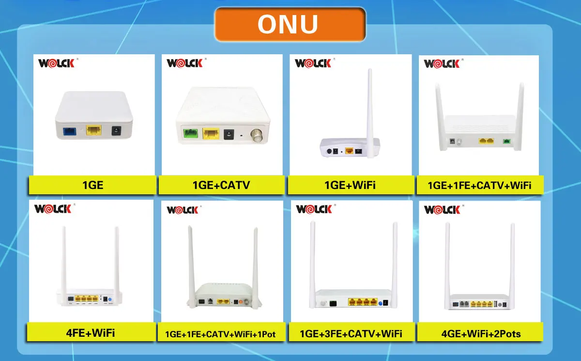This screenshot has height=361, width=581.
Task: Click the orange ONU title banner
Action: pos(290,24)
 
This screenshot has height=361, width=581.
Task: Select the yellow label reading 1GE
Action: pos(93,185)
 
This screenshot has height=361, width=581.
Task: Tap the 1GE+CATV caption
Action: pos(221,185)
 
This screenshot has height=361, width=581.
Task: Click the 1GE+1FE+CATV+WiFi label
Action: pos(479,185)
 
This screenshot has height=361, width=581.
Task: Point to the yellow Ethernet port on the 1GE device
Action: pos(93,130)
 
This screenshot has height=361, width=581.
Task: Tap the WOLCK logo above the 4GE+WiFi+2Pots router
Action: pos(442,210)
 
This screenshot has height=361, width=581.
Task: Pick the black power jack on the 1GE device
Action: pos(117,130)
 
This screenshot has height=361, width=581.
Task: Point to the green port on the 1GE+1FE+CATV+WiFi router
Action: pos(506,141)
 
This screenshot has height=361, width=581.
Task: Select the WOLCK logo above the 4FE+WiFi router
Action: pos(53,209)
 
